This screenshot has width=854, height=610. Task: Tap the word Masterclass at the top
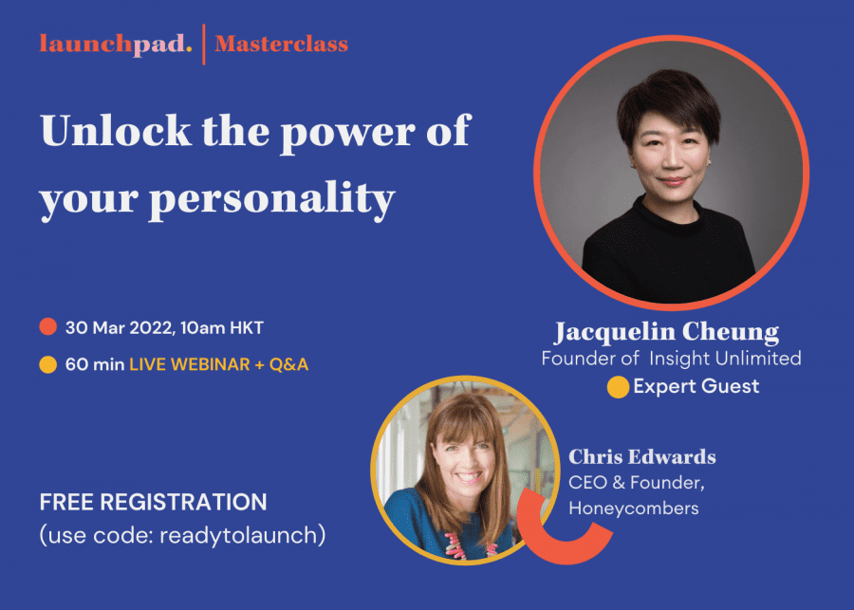[x=281, y=44]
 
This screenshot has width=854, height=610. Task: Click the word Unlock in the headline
[x=113, y=130]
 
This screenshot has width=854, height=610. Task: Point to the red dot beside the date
[x=47, y=328]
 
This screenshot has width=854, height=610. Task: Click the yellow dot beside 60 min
[x=47, y=363]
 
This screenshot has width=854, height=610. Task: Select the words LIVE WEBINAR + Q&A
[x=218, y=363]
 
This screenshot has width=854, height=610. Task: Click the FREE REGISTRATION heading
[x=153, y=501]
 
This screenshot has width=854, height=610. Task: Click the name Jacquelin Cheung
[x=666, y=332]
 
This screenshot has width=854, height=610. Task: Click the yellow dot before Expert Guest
[x=618, y=387]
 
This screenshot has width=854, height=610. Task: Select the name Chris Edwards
[x=642, y=457]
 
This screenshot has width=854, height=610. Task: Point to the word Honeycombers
[x=634, y=508]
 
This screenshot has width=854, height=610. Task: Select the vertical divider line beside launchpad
[x=204, y=44]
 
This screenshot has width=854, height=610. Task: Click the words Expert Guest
[x=696, y=386]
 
